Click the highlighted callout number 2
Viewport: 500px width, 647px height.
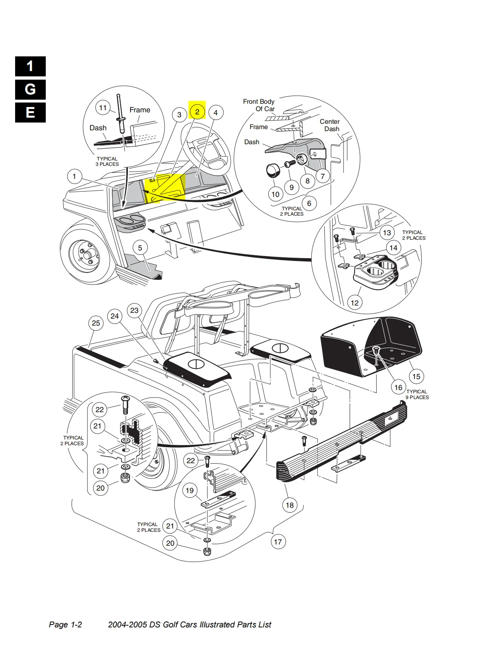click(197, 112)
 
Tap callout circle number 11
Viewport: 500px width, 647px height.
click(103, 108)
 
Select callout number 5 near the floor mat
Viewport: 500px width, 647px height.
click(140, 248)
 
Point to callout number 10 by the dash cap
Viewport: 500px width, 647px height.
click(276, 194)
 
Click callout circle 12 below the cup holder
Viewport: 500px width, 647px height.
click(355, 303)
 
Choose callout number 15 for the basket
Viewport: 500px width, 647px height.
click(416, 376)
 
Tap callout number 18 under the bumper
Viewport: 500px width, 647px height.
click(290, 505)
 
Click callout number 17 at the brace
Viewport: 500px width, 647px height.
click(278, 542)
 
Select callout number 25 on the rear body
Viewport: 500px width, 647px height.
click(96, 323)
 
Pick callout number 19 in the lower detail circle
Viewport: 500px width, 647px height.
click(190, 490)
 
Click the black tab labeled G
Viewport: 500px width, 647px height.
click(30, 89)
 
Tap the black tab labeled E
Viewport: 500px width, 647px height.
click(30, 112)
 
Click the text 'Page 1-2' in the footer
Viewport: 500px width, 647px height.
click(65, 625)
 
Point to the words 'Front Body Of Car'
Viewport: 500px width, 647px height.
click(259, 105)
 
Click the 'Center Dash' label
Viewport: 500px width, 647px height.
click(330, 125)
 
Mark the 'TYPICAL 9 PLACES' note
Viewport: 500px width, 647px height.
click(417, 394)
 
